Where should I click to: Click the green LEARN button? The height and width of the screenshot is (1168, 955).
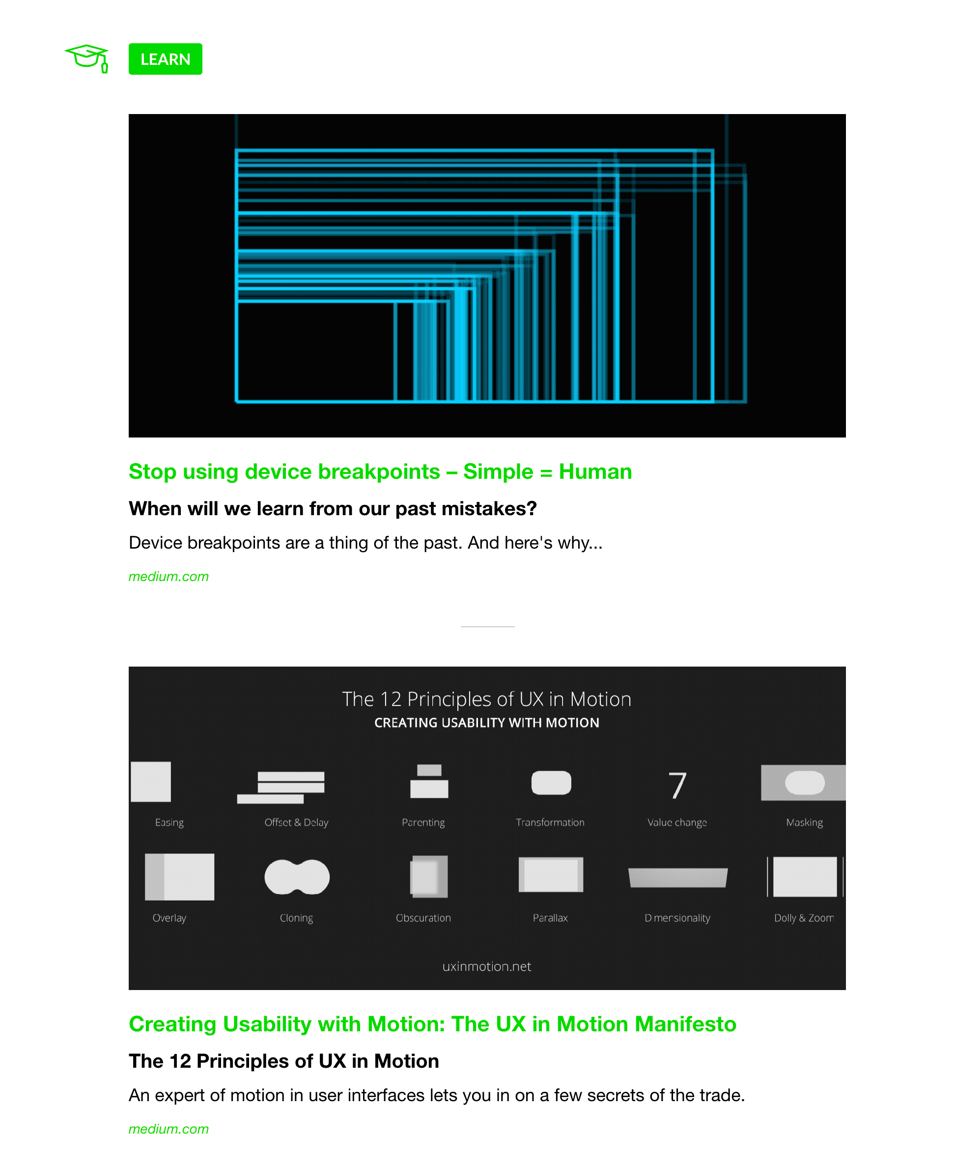[165, 59]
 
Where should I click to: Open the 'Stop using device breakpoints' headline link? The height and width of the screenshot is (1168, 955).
[380, 472]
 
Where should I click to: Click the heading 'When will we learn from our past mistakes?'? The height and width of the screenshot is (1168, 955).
[332, 509]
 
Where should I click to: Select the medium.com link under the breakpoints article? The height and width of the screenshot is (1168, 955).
[169, 576]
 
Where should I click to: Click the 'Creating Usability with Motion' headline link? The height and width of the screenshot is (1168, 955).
[432, 1024]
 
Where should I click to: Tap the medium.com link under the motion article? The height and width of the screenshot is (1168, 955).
[169, 1129]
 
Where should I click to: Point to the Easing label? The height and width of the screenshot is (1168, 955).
[169, 822]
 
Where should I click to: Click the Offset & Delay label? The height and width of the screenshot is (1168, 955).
[297, 822]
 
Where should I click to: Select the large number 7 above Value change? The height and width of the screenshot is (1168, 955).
[677, 785]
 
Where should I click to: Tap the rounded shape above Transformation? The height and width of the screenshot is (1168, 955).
[551, 783]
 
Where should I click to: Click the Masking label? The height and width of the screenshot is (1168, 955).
[804, 822]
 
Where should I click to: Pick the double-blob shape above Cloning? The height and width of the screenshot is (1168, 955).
[297, 877]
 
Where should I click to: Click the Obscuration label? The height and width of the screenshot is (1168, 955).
[423, 918]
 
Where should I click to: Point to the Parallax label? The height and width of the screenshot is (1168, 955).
[550, 918]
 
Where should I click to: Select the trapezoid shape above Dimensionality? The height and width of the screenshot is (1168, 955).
[678, 878]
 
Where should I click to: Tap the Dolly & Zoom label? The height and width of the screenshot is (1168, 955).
[804, 918]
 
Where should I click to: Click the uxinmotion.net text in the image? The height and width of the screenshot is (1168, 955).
[487, 966]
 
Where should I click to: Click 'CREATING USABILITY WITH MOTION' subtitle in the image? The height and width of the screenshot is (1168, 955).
[487, 723]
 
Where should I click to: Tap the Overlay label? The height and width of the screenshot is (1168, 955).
[169, 918]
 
